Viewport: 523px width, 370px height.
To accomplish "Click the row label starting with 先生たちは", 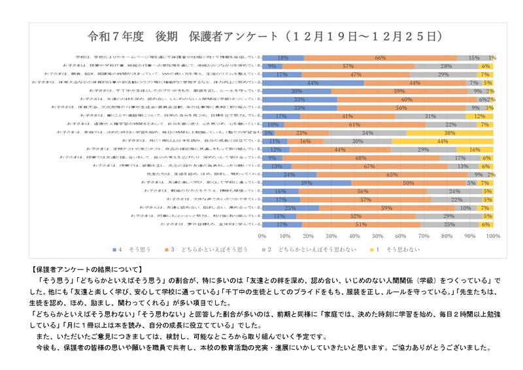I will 205,175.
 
